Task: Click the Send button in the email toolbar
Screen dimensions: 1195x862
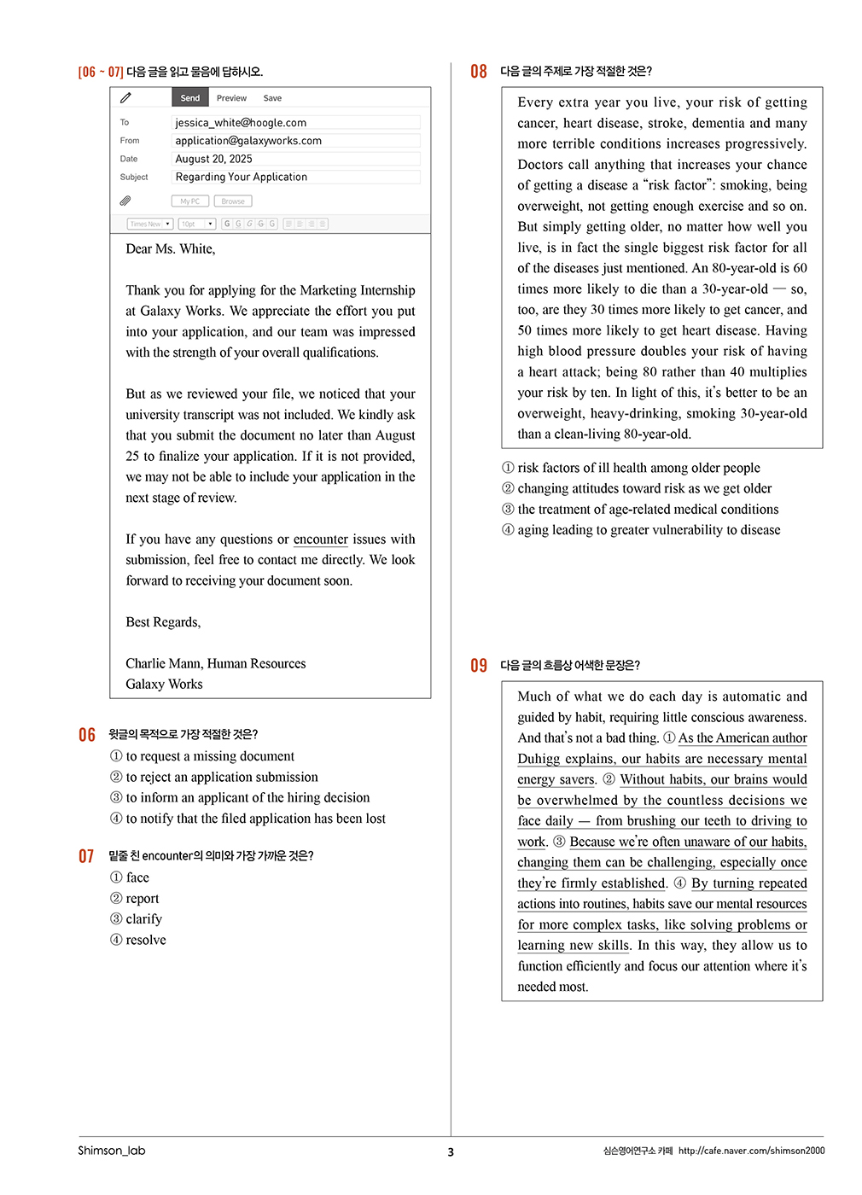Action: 189,98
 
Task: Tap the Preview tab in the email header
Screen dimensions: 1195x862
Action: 231,98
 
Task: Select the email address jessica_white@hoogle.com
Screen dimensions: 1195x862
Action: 241,123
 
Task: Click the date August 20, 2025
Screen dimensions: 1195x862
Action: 213,159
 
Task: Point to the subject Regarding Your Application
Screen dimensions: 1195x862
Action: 241,177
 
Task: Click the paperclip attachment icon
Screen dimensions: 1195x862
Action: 125,201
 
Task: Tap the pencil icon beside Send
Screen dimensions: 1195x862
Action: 125,97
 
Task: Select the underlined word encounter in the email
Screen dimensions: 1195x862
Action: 320,539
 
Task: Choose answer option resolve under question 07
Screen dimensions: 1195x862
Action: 145,940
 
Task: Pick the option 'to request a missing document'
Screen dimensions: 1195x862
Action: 209,756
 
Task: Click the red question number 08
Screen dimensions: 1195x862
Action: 479,72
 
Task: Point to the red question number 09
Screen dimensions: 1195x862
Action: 479,666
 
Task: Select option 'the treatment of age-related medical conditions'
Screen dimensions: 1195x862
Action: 648,510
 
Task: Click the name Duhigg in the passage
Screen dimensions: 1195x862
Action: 542,759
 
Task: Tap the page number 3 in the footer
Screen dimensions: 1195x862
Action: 451,1152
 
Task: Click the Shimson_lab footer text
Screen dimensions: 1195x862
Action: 112,1151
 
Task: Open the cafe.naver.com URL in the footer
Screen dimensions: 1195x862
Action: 751,1151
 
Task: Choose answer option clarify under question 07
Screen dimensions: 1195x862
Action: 143,919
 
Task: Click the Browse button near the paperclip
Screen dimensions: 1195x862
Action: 233,201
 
